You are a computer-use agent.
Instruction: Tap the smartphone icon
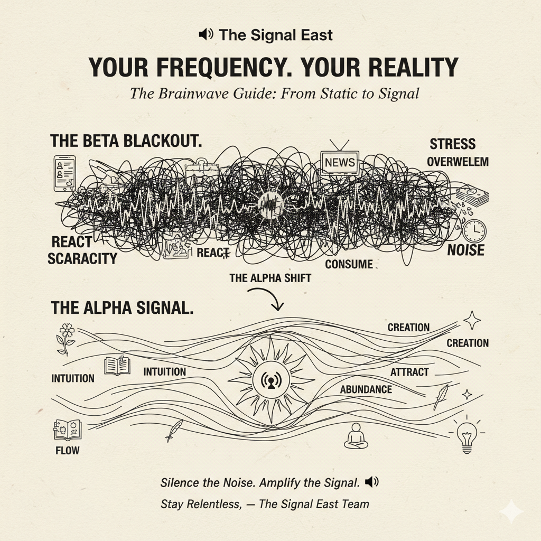[x=64, y=173]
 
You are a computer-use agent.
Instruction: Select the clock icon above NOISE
[x=474, y=230]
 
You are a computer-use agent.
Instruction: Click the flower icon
[x=66, y=339]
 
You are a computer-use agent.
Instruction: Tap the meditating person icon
[x=356, y=436]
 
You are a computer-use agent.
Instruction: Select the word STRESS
[x=452, y=144]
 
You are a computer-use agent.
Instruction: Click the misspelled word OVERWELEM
[x=458, y=162]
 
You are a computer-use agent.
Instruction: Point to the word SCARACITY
[x=82, y=258]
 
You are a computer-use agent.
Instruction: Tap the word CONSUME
[x=349, y=264]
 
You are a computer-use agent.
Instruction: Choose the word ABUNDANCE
[x=366, y=389]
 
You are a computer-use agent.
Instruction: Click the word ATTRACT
[x=409, y=372]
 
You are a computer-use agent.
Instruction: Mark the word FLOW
[x=68, y=450]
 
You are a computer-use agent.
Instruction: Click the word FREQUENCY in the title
[x=221, y=67]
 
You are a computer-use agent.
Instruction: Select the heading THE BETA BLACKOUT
[x=126, y=141]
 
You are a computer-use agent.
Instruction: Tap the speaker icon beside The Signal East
[x=206, y=34]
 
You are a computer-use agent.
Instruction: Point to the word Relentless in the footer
[x=213, y=504]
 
